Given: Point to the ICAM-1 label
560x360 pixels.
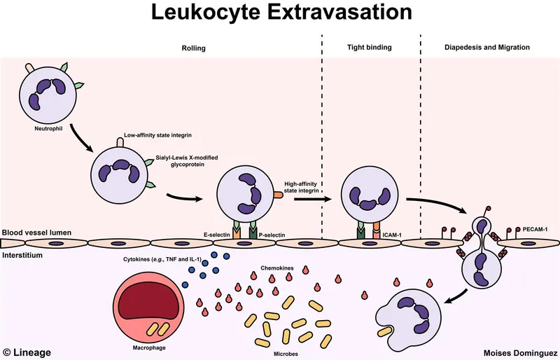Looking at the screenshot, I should [x=393, y=235].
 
